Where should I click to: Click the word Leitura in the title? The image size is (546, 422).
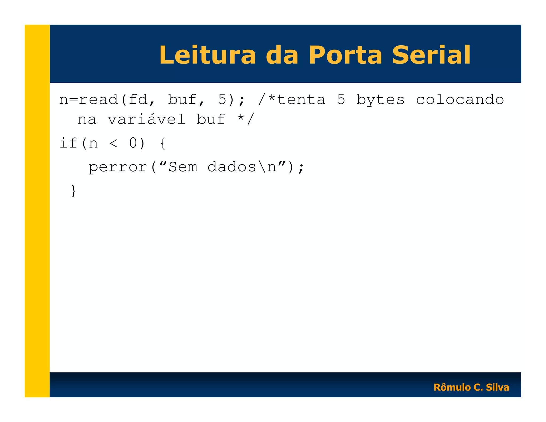point(207,55)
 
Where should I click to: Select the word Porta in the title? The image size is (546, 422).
point(345,55)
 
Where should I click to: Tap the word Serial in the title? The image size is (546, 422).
point(431,55)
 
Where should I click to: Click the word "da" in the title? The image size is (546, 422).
point(282,55)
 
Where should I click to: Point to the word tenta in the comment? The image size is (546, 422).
point(301,100)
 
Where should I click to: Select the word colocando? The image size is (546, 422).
point(460,100)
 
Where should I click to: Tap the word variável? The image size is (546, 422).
point(146,119)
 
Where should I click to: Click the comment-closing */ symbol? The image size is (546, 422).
point(246,119)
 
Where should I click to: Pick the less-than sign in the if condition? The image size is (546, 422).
point(113,143)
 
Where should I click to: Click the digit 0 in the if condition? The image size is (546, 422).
point(133,143)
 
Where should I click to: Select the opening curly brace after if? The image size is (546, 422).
point(163,143)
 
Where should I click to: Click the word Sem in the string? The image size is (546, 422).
point(183,167)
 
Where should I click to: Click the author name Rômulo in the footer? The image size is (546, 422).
point(452,387)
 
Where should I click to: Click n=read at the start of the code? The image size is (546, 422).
point(89,100)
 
